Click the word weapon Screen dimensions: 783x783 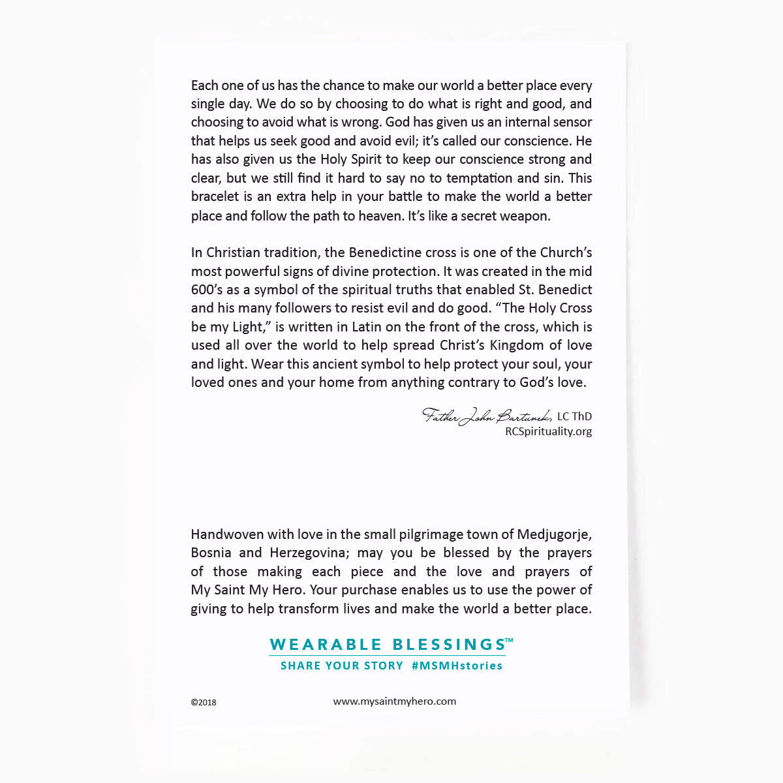pyautogui.click(x=527, y=216)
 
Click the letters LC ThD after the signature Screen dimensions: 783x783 pyautogui.click(x=575, y=416)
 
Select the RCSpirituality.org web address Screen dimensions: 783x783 pyautogui.click(x=549, y=431)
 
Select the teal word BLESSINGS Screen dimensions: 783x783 pyautogui.click(x=448, y=645)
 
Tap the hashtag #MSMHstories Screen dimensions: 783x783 pyautogui.click(x=457, y=666)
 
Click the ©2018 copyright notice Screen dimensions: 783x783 pyautogui.click(x=204, y=703)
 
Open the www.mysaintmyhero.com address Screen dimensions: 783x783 pyautogui.click(x=394, y=701)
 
